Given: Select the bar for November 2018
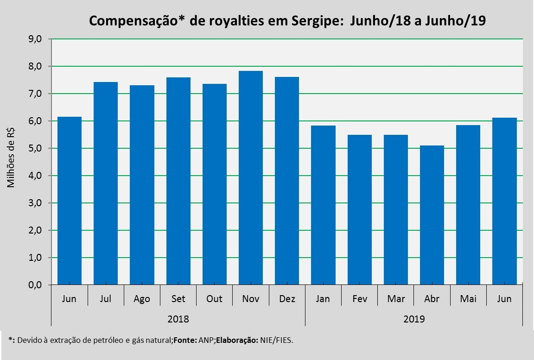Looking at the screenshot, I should [251, 178].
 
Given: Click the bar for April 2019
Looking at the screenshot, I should [432, 215].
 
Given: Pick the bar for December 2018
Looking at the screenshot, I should [287, 181].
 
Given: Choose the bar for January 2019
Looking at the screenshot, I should [323, 205].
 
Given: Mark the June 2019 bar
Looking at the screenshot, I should [504, 201].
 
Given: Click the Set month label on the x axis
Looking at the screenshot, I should [178, 299].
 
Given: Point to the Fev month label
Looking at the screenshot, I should [359, 299].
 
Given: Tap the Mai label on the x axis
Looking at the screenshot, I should [468, 299].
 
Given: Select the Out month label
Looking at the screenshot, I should [214, 299].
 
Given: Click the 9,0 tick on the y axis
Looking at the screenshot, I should [35, 39].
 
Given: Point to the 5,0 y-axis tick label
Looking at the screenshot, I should [35, 149].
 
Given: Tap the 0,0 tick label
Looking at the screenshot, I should [35, 285].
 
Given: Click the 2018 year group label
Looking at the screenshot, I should [178, 319].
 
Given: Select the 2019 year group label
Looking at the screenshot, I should [414, 319].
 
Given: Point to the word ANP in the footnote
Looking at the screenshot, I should [206, 340].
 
